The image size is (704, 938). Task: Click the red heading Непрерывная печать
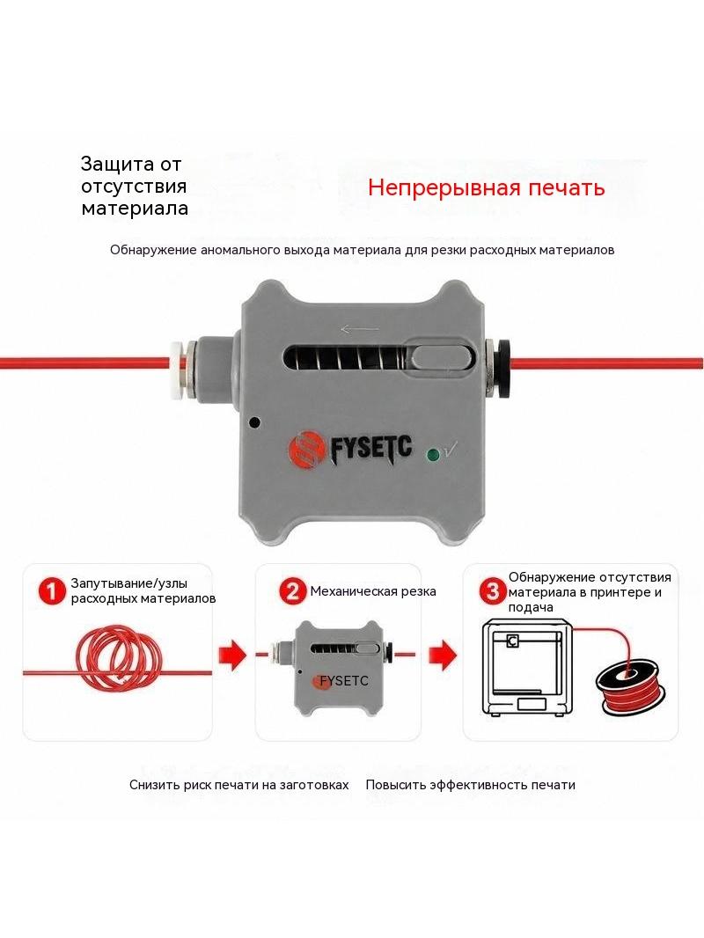[486, 187]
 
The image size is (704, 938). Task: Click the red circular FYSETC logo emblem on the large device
[306, 450]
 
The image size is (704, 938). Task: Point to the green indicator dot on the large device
[432, 455]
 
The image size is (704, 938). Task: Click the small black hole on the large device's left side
[254, 421]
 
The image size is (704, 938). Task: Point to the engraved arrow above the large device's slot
[359, 329]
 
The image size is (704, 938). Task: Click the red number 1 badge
[53, 591]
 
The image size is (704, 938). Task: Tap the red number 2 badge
[292, 591]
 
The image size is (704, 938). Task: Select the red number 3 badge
[492, 591]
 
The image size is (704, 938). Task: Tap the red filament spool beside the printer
[630, 687]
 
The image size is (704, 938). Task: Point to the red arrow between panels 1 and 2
[232, 655]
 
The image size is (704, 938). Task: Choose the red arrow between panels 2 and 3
[442, 655]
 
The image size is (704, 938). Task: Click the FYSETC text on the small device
[344, 681]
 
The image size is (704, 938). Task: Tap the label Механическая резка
[373, 591]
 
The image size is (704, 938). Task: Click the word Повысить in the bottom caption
[394, 785]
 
